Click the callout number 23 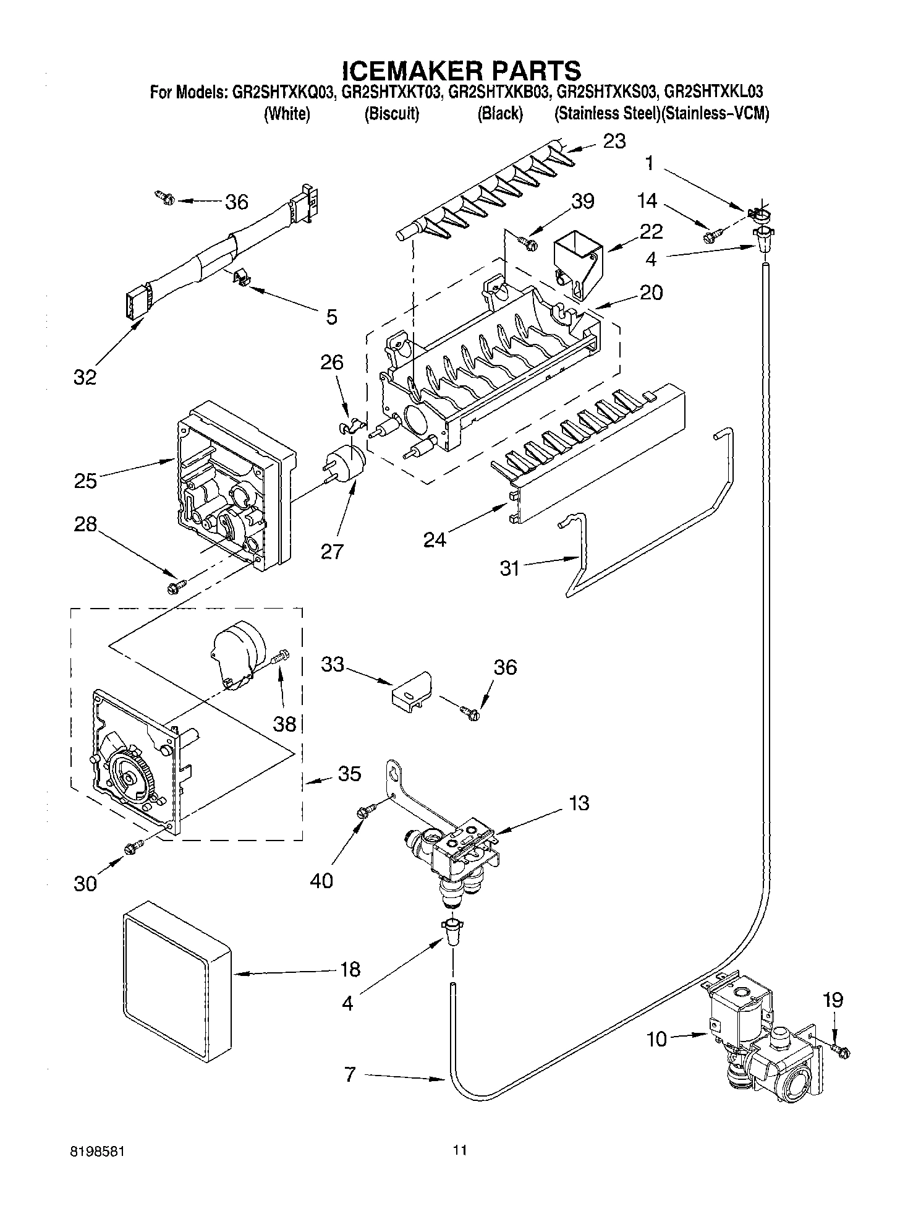point(614,142)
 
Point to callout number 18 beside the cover point(350,969)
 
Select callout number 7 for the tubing point(350,1076)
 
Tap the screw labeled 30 point(132,849)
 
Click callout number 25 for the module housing point(85,480)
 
